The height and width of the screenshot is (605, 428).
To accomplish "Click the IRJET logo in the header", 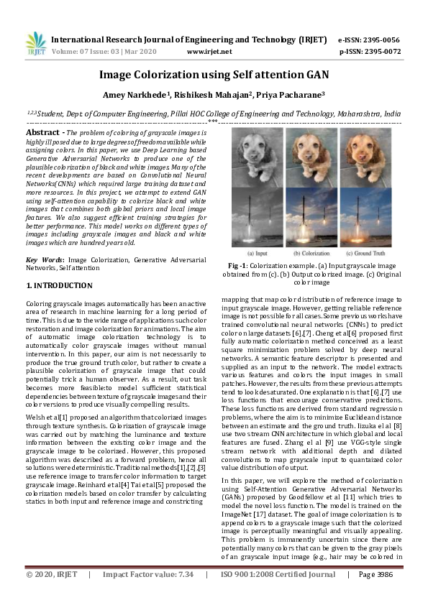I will [x=35, y=45].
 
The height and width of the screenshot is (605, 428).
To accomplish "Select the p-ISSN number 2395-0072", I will [x=381, y=52].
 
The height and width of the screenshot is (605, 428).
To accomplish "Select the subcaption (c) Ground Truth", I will [x=373, y=254].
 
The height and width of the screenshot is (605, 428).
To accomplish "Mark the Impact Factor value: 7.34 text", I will [x=148, y=595].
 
